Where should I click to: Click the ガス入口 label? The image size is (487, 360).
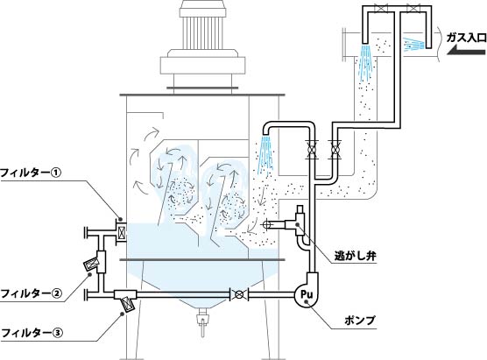(466, 38)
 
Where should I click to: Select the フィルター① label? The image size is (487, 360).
(32, 173)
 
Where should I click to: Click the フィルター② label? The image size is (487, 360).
(32, 293)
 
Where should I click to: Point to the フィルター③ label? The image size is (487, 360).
(32, 333)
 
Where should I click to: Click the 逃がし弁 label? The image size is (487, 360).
(356, 256)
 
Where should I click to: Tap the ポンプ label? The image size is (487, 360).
(360, 321)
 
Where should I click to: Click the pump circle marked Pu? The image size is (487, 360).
(306, 293)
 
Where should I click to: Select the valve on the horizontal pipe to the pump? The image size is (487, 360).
(238, 294)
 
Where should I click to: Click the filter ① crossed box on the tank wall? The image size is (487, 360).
(121, 231)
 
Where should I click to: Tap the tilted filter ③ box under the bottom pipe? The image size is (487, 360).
(128, 304)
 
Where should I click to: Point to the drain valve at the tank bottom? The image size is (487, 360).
(202, 320)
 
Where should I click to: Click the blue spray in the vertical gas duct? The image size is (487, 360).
(365, 61)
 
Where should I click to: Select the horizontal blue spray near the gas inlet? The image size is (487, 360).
(413, 44)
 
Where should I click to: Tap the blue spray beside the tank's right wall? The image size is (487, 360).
(265, 155)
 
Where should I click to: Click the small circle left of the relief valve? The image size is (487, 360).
(267, 224)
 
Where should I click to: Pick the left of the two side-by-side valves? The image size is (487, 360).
(311, 151)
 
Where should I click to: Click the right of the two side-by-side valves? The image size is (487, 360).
(335, 151)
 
